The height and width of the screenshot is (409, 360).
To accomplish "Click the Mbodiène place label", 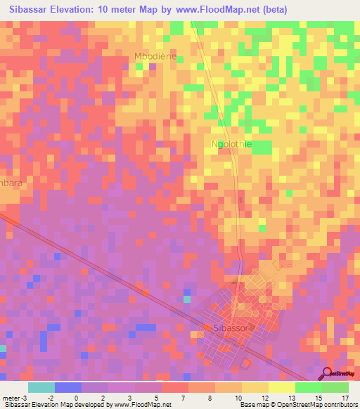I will click(x=155, y=56).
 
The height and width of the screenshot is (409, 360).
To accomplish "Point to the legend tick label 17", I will click(x=345, y=398).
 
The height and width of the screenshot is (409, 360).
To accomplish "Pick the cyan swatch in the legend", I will click(x=41, y=387).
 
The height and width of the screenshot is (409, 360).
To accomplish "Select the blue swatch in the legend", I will click(x=67, y=387).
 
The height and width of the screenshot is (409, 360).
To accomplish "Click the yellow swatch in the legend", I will click(x=281, y=387).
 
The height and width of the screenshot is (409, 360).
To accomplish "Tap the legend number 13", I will click(x=291, y=398).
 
